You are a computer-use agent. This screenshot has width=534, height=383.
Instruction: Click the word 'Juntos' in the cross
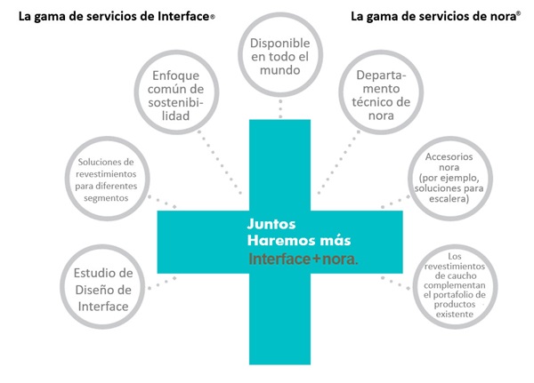[271, 223]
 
